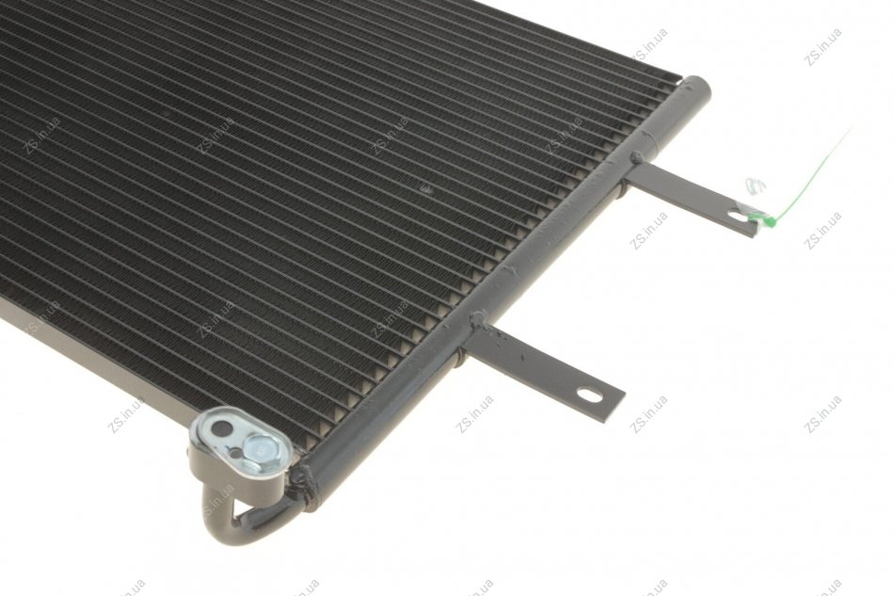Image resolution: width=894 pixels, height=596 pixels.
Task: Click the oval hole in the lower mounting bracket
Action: coord(589,394)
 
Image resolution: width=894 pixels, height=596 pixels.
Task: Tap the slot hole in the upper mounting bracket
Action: coord(738,217)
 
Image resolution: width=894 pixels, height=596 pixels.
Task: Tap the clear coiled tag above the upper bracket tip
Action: coord(755,185)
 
